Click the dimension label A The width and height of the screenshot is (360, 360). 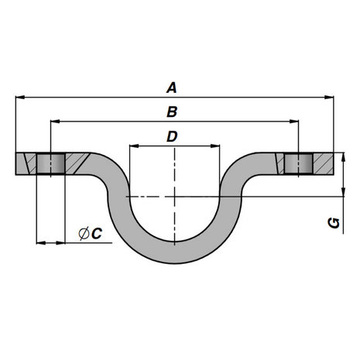172,87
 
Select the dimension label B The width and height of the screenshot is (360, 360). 172,112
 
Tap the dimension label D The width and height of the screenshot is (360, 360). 172,136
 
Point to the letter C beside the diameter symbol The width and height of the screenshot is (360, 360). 97,234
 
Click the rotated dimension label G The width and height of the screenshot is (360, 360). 334,223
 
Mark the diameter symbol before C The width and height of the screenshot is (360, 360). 84,234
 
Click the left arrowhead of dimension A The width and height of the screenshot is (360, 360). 20,98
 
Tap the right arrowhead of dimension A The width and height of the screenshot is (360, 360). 329,98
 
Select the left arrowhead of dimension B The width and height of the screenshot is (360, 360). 56,122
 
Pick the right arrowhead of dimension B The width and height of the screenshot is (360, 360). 294,122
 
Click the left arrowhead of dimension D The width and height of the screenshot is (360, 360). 134,146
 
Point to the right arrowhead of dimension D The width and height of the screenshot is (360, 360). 215,146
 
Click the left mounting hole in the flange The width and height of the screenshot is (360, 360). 50,163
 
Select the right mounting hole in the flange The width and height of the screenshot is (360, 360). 299,163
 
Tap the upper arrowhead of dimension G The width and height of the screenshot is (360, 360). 343,157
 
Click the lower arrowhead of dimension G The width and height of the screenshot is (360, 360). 343,192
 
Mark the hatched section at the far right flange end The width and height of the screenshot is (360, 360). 323,163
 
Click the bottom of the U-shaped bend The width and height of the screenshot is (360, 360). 175,253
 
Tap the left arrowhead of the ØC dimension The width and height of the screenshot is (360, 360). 41,243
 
